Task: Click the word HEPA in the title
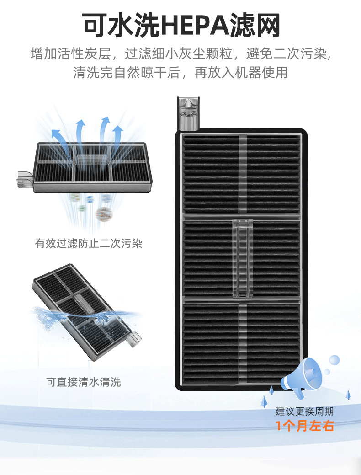[x=199, y=25]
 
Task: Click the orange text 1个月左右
[x=305, y=426]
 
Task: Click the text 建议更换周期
[x=305, y=411]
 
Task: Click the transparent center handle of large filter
[x=242, y=258]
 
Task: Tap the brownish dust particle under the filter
[x=104, y=213]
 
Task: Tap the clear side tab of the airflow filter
[x=24, y=179]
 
